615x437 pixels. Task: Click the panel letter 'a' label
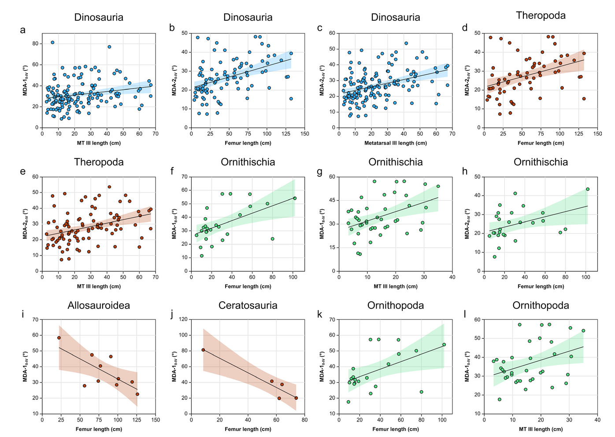point(22,30)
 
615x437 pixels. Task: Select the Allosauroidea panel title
point(99,306)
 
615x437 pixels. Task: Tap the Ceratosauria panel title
point(248,306)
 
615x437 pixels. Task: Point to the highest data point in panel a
point(52,42)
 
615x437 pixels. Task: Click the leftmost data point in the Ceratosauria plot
point(203,350)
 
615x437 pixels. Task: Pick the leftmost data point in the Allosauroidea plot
point(59,338)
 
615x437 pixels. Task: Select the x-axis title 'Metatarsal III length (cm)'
point(396,143)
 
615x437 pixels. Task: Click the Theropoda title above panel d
point(541,16)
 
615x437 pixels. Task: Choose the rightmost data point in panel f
point(295,198)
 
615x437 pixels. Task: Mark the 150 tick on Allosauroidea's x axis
point(156,420)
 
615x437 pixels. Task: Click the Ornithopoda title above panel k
point(396,306)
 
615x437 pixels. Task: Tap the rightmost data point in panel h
point(587,189)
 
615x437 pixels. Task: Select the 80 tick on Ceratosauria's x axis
point(305,420)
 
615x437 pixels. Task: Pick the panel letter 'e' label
point(22,171)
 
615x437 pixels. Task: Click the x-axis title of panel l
point(541,429)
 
